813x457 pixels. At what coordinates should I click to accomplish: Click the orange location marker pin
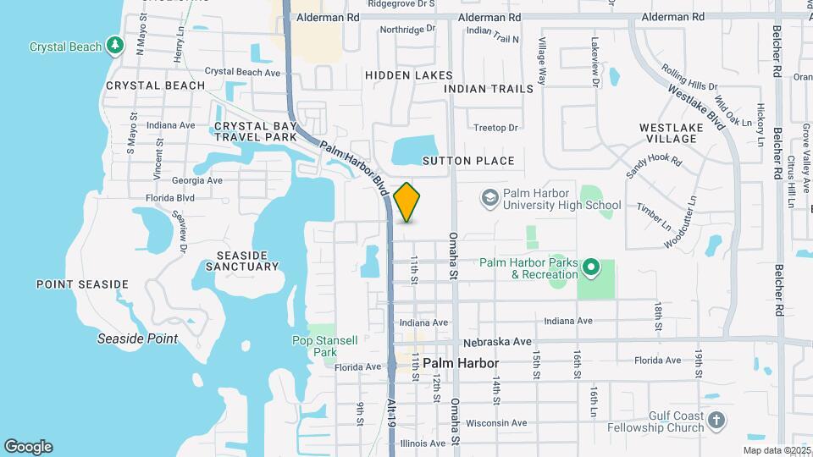click(407, 201)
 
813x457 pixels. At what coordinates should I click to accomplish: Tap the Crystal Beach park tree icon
click(116, 46)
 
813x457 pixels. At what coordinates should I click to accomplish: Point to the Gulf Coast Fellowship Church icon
click(716, 421)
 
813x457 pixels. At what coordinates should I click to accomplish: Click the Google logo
click(28, 447)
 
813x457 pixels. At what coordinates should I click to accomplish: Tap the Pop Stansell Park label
click(313, 345)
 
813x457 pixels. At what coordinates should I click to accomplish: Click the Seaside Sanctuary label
click(242, 261)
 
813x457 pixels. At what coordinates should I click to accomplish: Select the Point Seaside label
click(82, 284)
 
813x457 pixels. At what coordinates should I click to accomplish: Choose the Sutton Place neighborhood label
click(467, 161)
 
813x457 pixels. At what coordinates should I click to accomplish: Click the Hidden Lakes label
click(403, 75)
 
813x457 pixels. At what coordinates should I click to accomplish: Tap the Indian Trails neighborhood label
click(489, 88)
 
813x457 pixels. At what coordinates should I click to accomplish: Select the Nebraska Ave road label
click(498, 342)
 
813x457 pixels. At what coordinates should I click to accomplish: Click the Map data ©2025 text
click(776, 450)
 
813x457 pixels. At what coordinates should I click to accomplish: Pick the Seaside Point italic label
click(137, 339)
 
